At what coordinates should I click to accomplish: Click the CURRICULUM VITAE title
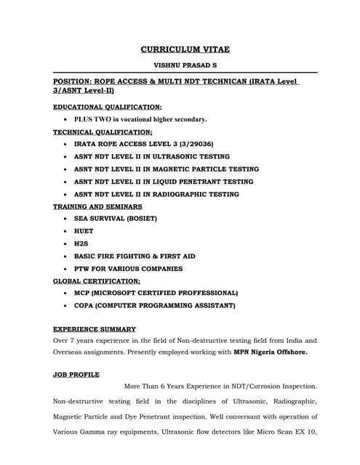pos(185,49)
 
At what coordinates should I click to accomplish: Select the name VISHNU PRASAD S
pos(185,65)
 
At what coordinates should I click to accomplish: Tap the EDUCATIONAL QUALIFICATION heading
pos(108,107)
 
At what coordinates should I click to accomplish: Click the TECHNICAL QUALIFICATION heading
pos(103,132)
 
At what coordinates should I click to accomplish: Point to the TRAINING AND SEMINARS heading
pos(97,206)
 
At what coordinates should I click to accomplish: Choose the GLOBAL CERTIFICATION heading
pos(97,280)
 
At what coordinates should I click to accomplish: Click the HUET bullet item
pos(84,231)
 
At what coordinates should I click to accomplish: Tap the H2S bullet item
pos(81,243)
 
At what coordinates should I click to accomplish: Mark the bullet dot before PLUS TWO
pos(65,118)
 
